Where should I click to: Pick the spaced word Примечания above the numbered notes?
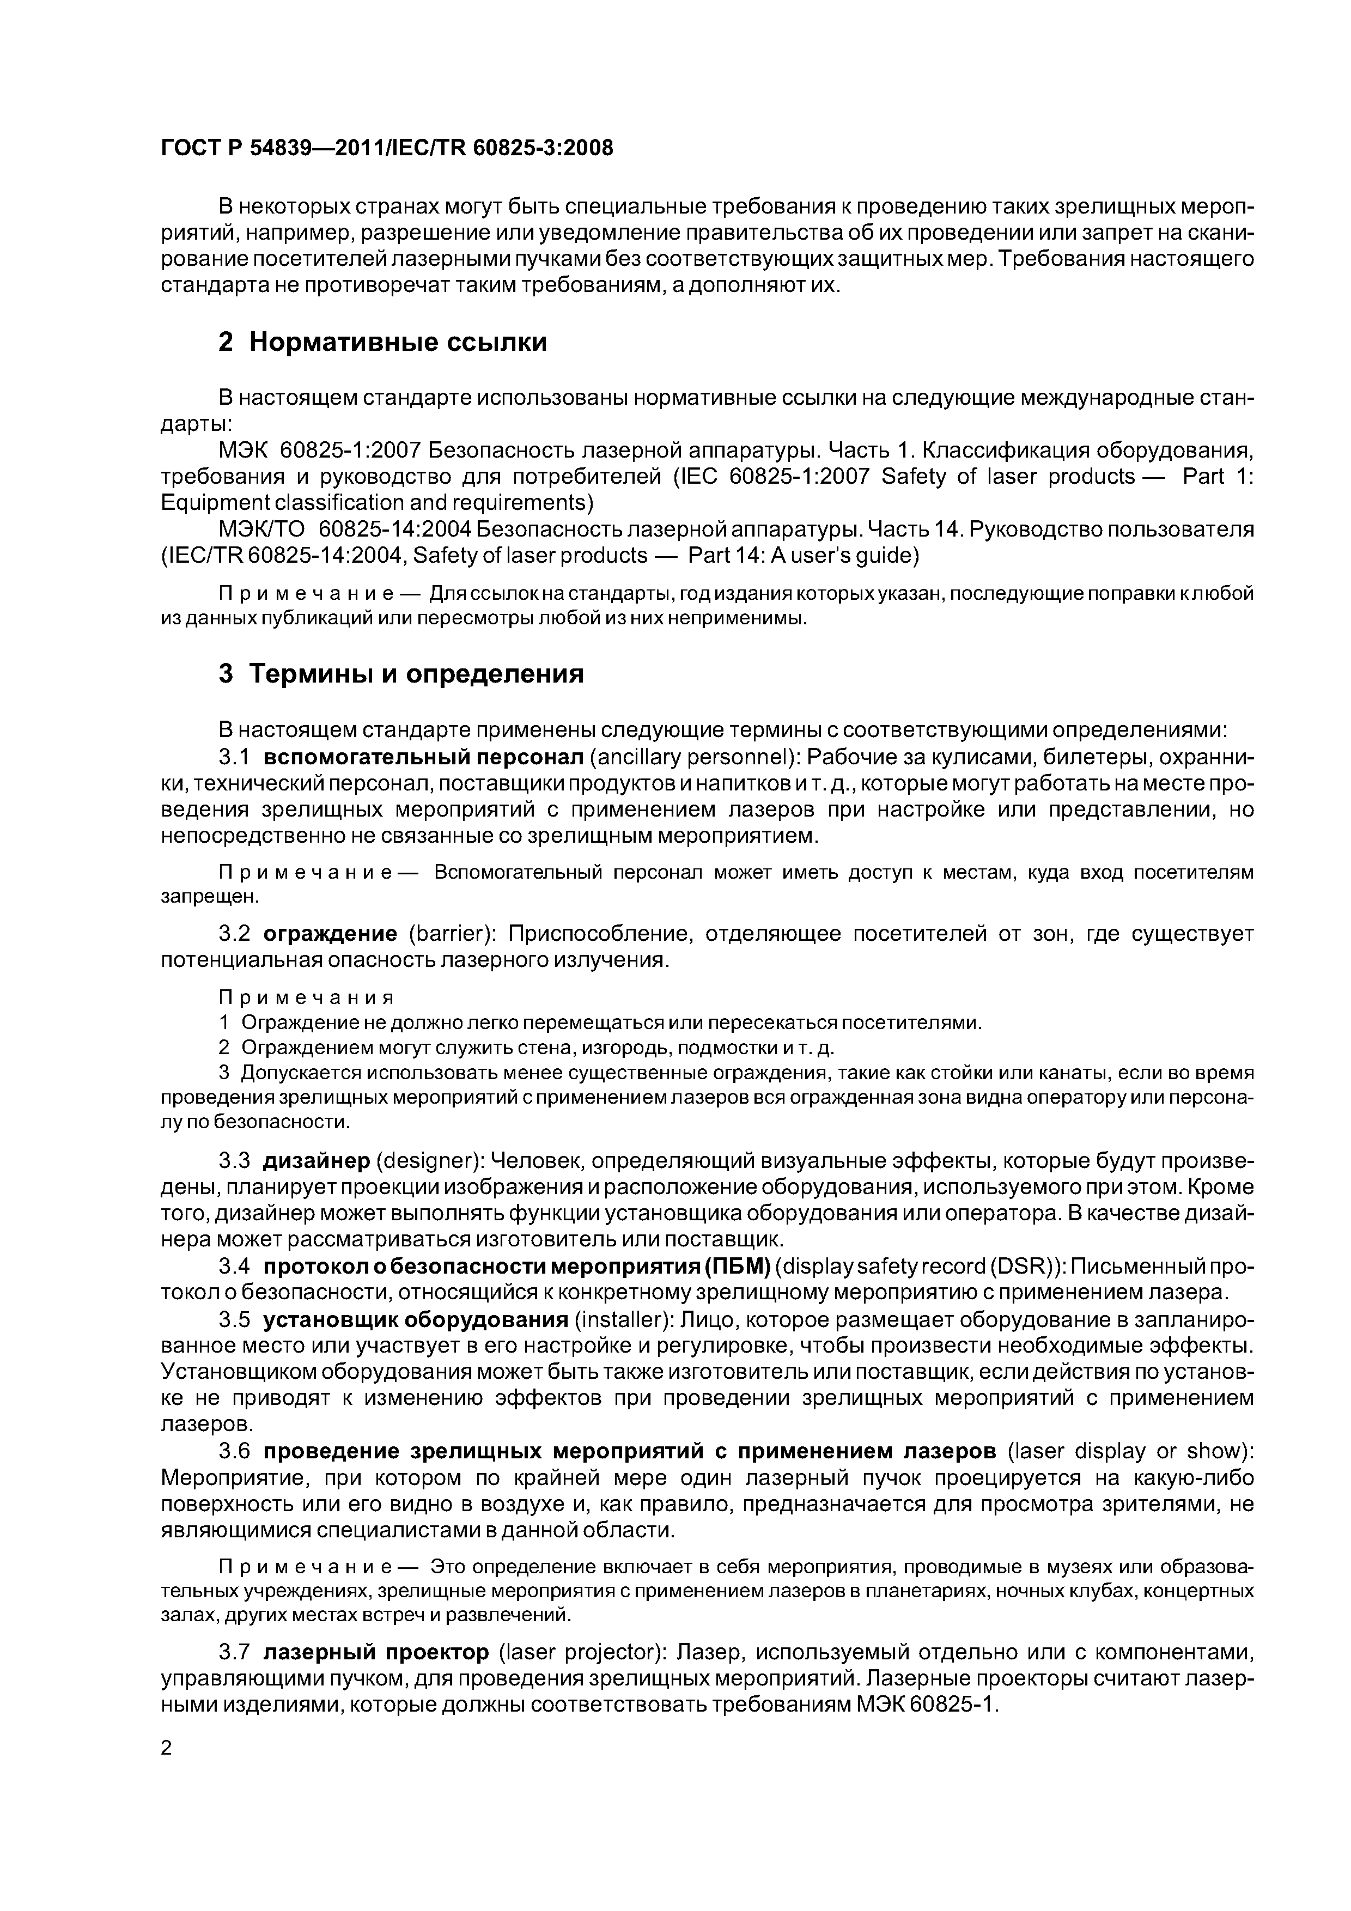306,997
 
